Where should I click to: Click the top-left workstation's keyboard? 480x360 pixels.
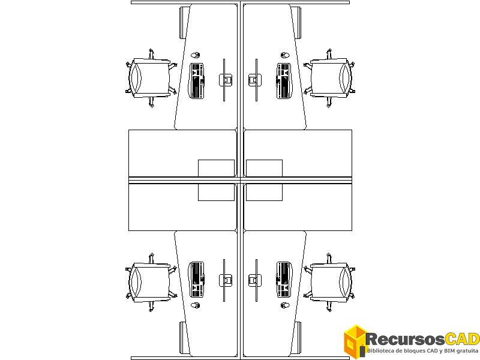197,81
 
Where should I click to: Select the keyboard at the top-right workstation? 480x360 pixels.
284,81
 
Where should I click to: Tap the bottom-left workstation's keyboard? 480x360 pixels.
197,280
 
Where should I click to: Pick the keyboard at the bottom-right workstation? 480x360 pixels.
284,280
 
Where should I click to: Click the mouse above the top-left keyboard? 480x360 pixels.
196,55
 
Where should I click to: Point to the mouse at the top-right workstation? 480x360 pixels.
285,55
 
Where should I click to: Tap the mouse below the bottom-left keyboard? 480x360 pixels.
196,305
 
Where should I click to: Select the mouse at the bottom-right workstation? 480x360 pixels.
285,305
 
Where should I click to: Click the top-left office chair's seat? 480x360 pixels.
151,79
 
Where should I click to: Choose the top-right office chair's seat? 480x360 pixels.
329,79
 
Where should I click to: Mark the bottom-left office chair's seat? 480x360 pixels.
151,282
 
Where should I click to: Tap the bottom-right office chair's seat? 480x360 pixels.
329,282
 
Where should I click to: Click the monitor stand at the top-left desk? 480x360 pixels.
226,80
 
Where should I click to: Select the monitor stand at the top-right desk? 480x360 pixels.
254,80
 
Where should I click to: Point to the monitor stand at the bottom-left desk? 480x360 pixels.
226,280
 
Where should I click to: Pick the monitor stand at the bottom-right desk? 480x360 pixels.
254,280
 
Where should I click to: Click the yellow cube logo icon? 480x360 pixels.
355,341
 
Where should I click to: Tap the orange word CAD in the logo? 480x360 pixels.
462,339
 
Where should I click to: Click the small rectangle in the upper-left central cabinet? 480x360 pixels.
216,168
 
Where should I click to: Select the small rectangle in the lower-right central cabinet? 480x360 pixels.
264,192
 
